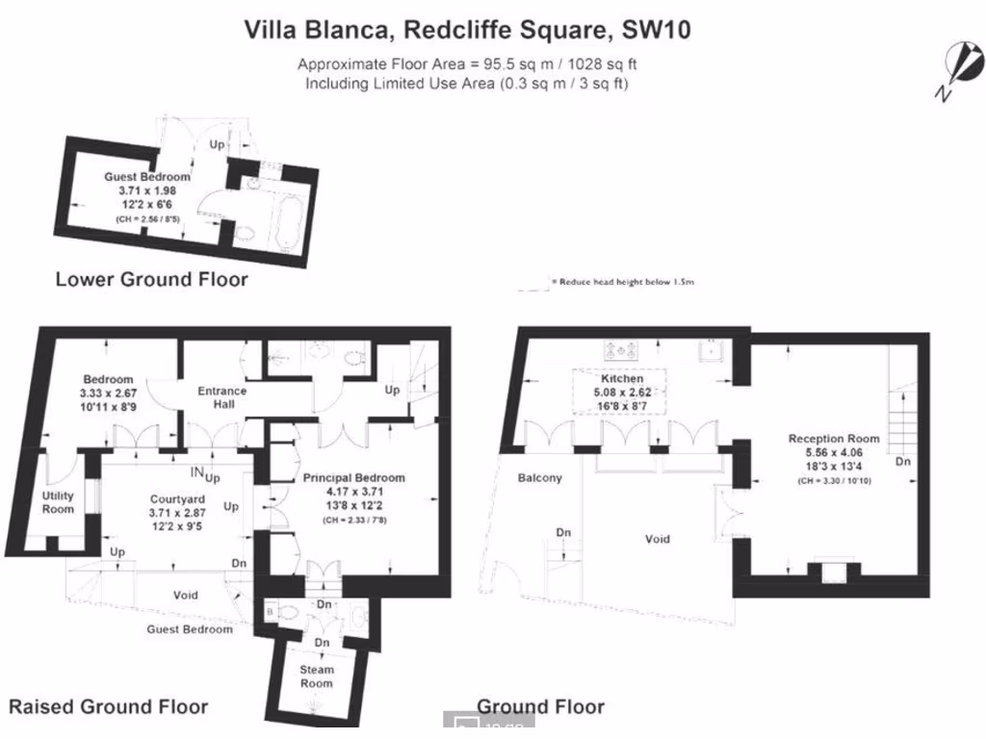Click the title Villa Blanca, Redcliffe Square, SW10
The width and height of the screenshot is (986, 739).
click(467, 30)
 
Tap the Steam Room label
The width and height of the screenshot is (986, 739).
click(316, 675)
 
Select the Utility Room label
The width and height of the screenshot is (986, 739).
click(58, 501)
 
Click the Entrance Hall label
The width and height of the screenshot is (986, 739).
click(221, 397)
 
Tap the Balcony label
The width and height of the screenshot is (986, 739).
click(539, 478)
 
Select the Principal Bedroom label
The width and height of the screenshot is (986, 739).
click(353, 477)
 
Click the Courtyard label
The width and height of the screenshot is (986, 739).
click(177, 499)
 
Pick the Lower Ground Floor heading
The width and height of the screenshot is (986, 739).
click(151, 280)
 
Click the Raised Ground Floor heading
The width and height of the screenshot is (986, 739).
click(108, 706)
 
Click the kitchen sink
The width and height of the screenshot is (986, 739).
click(713, 350)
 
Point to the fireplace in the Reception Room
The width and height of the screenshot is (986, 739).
click(826, 570)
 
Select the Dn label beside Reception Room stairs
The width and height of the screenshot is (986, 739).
click(902, 462)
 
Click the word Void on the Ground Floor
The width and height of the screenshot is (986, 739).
click(657, 539)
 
